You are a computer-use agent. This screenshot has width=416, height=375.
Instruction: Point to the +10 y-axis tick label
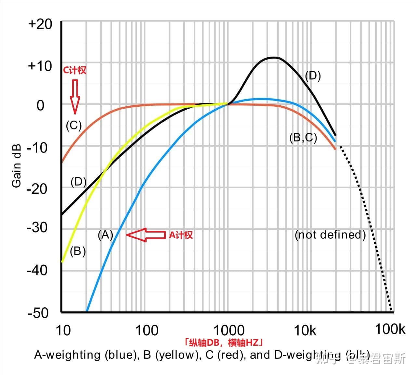point(40,66)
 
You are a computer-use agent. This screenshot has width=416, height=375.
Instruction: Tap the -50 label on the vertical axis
point(38,313)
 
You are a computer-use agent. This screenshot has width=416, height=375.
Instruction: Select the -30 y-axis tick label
point(38,227)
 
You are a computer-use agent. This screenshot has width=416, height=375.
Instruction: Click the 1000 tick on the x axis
point(228,330)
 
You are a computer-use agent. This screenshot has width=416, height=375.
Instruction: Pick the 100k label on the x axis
point(390,329)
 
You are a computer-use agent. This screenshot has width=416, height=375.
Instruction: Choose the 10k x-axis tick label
point(305,330)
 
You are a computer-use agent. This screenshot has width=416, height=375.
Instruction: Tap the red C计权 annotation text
point(74,70)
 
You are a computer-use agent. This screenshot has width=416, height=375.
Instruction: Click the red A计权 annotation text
point(181,235)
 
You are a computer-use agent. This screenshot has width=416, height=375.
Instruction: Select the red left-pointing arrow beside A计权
point(146,235)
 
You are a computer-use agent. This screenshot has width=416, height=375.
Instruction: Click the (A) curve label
point(105,234)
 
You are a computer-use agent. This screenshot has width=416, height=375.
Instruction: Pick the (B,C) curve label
point(303,138)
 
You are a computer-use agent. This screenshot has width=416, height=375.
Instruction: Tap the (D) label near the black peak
point(313,76)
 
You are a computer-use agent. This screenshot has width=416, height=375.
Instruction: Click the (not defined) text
point(330,234)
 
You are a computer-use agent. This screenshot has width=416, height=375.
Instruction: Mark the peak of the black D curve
point(274,58)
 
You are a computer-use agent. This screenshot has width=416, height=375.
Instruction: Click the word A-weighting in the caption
point(67,355)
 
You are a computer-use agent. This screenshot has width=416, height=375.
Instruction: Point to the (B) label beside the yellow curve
point(78,251)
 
